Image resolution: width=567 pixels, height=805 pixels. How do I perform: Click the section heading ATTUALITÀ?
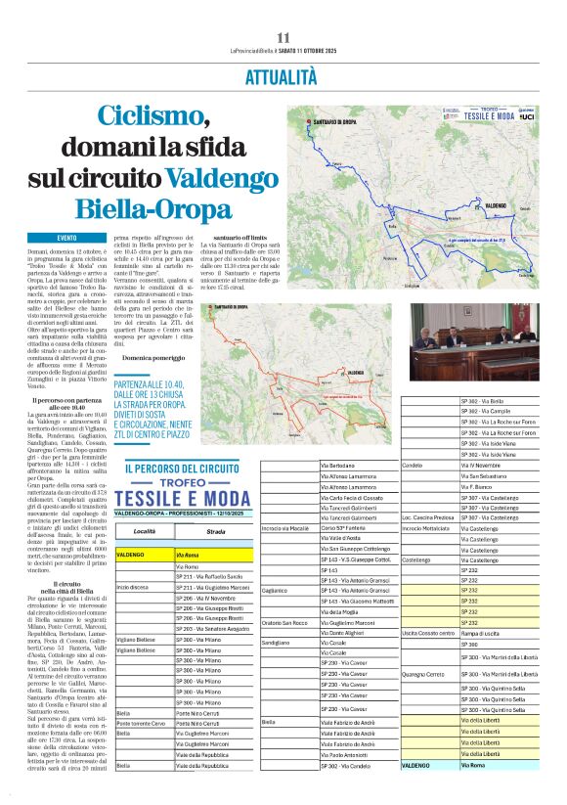[x=282, y=75]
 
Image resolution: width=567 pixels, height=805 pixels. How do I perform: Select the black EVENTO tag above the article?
[x=67, y=238]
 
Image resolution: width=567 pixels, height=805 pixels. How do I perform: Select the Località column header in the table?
[x=144, y=531]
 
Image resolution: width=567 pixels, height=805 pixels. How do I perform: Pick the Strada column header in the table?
[x=216, y=531]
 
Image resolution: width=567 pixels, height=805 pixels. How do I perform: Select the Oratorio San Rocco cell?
[x=285, y=623]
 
